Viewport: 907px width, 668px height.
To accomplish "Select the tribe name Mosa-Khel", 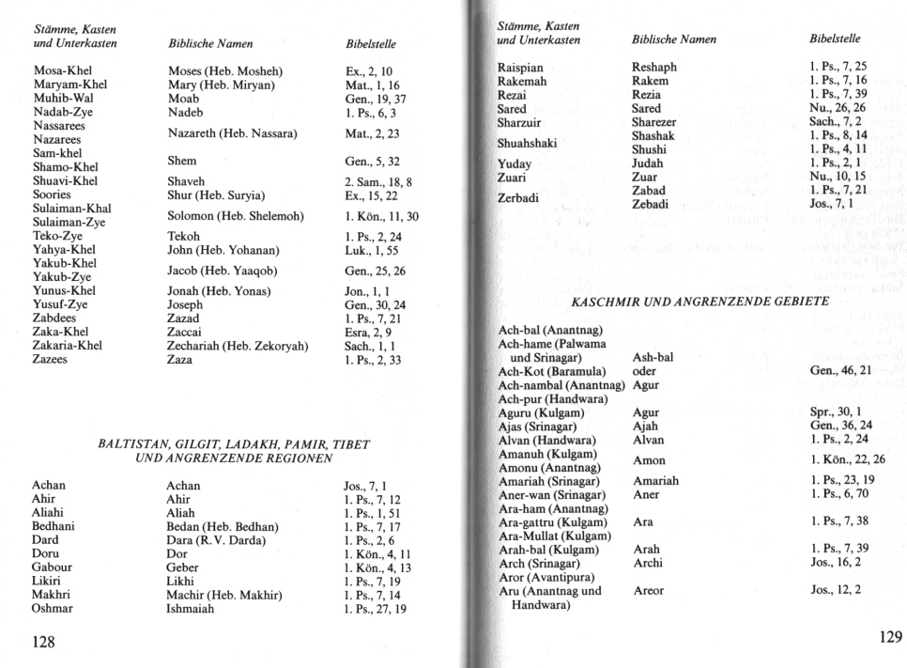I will click(x=64, y=71).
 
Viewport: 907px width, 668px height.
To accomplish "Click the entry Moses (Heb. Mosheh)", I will click(x=224, y=71).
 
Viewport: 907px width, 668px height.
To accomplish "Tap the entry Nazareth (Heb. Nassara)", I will click(x=232, y=133).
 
